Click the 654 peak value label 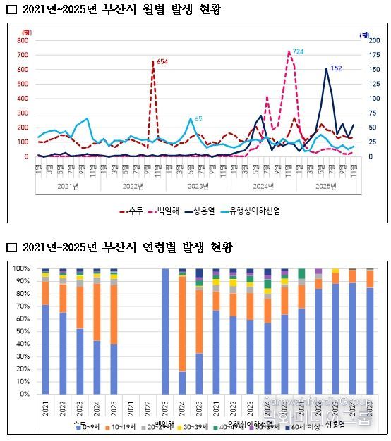click(162, 62)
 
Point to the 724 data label click(298, 52)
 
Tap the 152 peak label click(336, 68)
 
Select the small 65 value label click(198, 118)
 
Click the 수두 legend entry click(135, 210)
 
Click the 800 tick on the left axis click(23, 40)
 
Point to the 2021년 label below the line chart click(67, 186)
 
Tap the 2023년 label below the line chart click(198, 186)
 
